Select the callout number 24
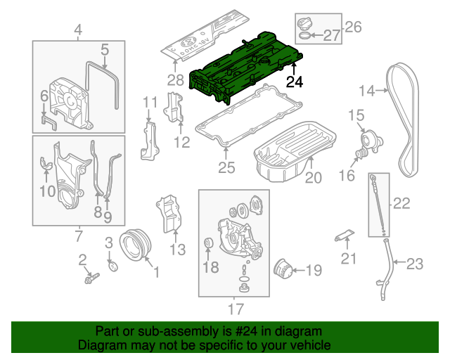(x=295, y=82)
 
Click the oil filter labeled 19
(x=285, y=269)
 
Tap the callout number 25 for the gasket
(x=226, y=168)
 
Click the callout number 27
(x=330, y=36)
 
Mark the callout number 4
(x=78, y=30)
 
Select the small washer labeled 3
(x=112, y=265)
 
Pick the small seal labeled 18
(x=208, y=244)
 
